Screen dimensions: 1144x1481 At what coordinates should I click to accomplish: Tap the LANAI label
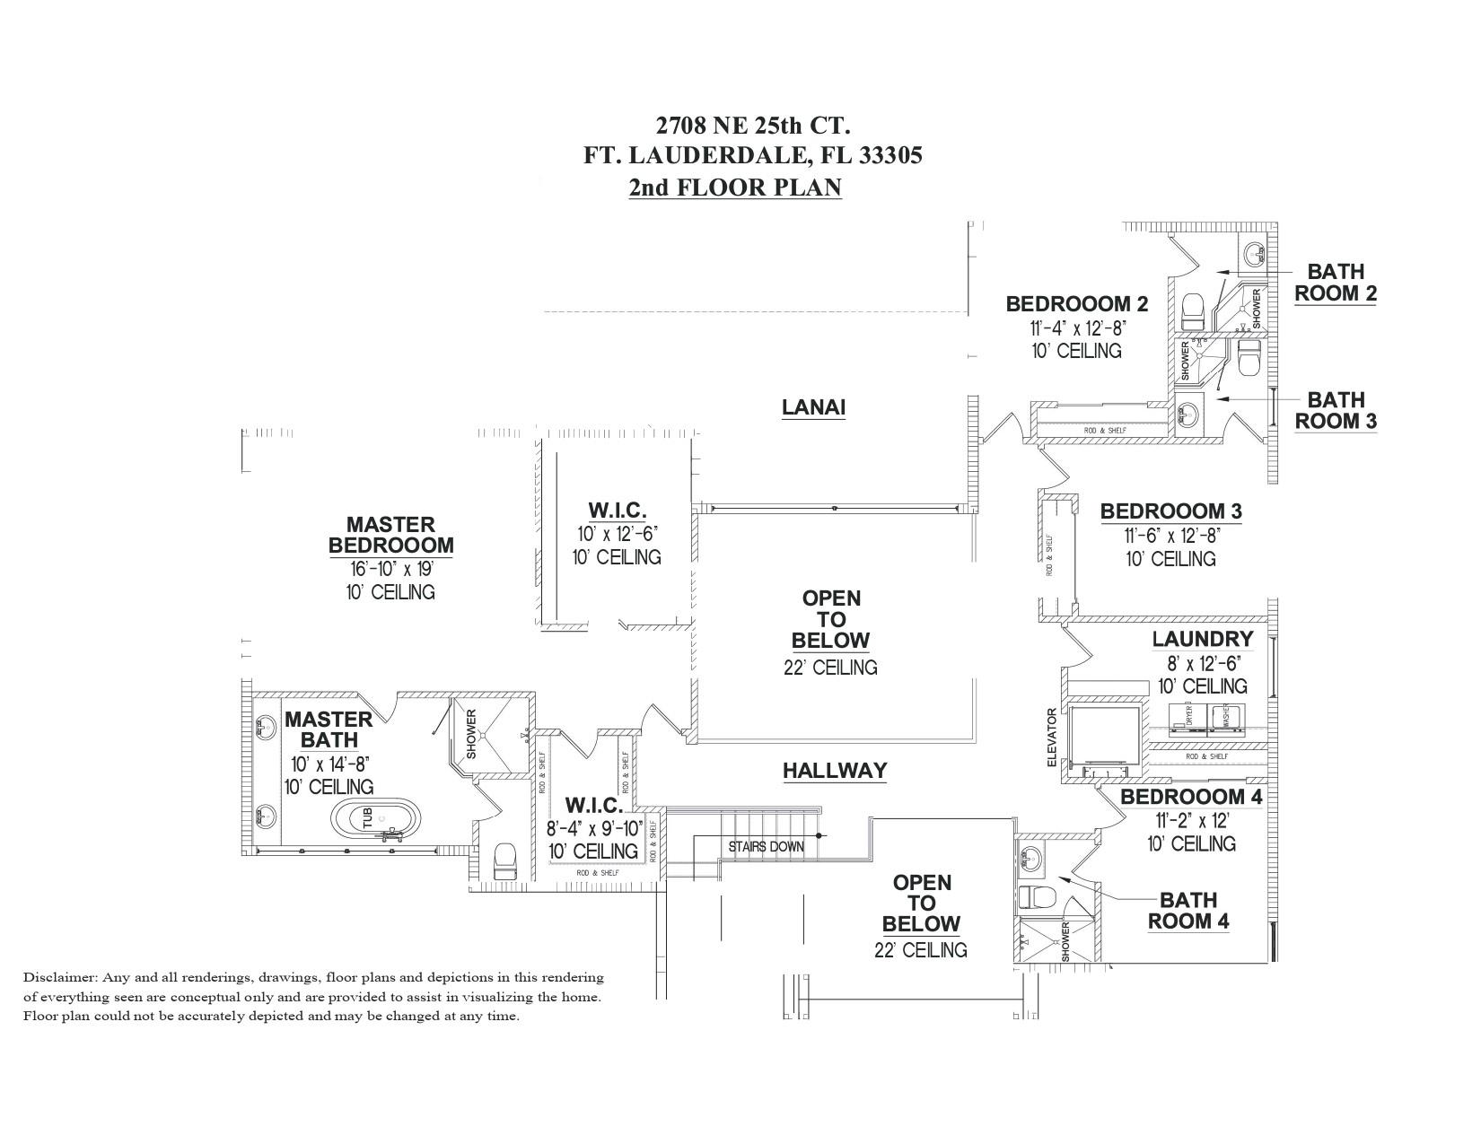(x=813, y=407)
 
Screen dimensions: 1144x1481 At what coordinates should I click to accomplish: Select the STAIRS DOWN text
(x=766, y=846)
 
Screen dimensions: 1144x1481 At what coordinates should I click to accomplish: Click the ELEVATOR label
(x=1052, y=738)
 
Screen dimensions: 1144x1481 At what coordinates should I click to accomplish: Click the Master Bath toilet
(x=504, y=860)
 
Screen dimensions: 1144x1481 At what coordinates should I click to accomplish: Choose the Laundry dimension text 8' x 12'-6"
(x=1202, y=664)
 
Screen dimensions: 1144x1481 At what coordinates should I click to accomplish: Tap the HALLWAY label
(x=834, y=771)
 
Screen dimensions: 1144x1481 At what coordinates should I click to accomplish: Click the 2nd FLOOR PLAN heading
(x=734, y=188)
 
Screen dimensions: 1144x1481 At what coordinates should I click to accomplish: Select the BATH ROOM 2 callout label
(x=1335, y=282)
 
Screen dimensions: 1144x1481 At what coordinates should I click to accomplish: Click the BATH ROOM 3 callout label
(x=1335, y=410)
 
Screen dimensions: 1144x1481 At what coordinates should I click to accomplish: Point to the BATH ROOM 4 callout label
(x=1188, y=910)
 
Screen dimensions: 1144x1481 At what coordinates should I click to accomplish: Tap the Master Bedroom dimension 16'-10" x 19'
(x=390, y=569)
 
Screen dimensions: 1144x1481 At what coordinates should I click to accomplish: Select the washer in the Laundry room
(x=1222, y=716)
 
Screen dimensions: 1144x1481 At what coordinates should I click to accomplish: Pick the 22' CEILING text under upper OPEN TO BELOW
(x=830, y=668)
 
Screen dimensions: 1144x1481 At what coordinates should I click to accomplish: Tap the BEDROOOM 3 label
(x=1170, y=511)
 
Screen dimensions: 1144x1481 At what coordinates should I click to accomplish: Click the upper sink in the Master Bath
(x=266, y=727)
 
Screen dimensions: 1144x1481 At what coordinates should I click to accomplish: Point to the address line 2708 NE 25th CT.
(x=752, y=124)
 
